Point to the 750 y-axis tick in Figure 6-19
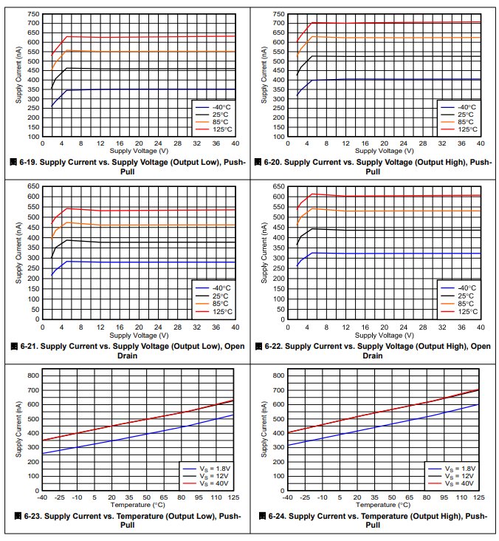pos(32,14)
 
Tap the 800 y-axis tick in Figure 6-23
pos(32,376)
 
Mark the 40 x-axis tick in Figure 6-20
pos(480,143)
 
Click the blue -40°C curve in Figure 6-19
pos(148,89)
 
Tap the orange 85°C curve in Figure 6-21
pos(148,225)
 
